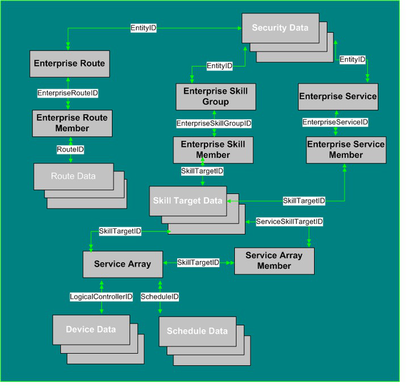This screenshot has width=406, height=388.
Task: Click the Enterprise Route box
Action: (70, 65)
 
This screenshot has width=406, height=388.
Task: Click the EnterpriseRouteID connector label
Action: (68, 94)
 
